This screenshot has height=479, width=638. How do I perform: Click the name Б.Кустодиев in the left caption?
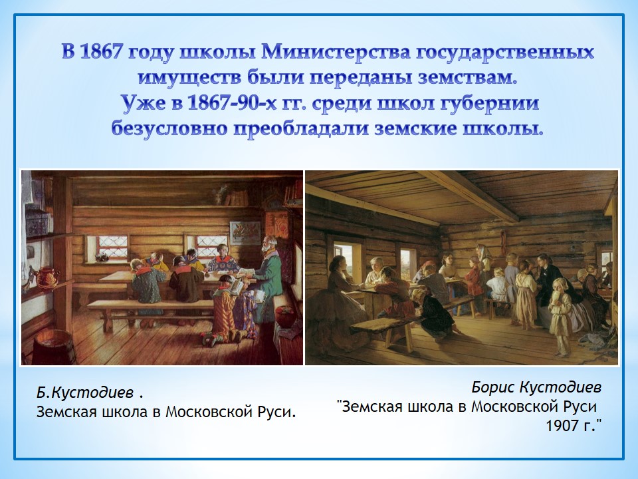click(x=85, y=393)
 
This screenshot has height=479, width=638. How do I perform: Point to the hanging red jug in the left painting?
click(x=45, y=279)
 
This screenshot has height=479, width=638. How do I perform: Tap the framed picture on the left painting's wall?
click(x=245, y=233)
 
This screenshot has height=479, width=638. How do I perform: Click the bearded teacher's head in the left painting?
click(x=270, y=244)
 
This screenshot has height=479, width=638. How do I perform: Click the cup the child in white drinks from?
click(x=556, y=294)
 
